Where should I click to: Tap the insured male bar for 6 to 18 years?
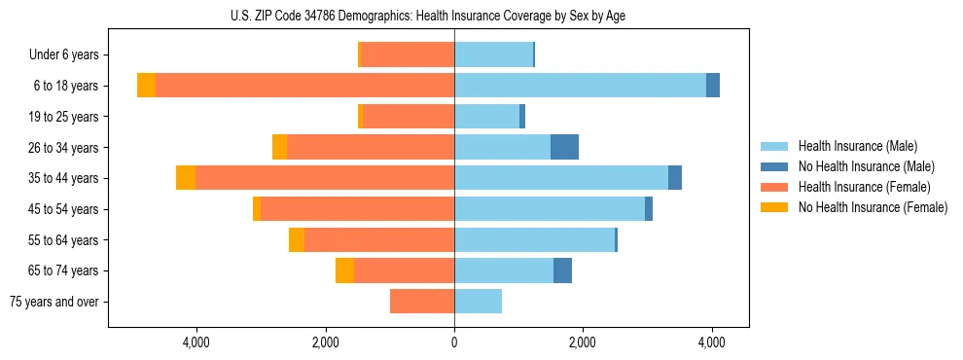[580, 86]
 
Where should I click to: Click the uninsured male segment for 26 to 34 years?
[564, 147]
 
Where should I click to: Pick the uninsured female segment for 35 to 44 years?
[186, 178]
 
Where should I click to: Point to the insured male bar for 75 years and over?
[478, 302]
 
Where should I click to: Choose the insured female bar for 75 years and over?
[422, 302]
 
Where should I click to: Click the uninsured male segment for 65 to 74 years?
[562, 270]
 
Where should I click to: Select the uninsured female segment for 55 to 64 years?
[297, 239]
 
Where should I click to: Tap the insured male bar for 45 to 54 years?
[550, 209]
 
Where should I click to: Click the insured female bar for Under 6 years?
[408, 54]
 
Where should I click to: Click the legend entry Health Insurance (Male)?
[857, 146]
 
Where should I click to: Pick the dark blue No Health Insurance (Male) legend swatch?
[775, 166]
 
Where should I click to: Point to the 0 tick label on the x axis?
[454, 342]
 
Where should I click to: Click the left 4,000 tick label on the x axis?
[196, 342]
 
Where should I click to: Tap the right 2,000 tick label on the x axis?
[582, 342]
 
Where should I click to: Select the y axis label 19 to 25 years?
[64, 117]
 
